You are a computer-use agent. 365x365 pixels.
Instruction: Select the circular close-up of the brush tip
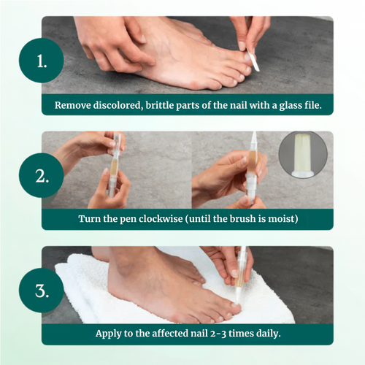[301, 155]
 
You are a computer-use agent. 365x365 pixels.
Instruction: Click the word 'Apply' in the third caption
[110, 334]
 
